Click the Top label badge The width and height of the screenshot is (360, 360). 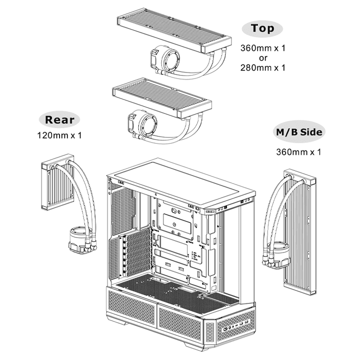262,28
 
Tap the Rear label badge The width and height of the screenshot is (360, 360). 59,119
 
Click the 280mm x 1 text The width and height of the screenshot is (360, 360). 262,67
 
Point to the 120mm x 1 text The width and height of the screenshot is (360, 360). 59,135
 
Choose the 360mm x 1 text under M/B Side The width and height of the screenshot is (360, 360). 298,151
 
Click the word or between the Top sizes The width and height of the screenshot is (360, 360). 262,58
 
